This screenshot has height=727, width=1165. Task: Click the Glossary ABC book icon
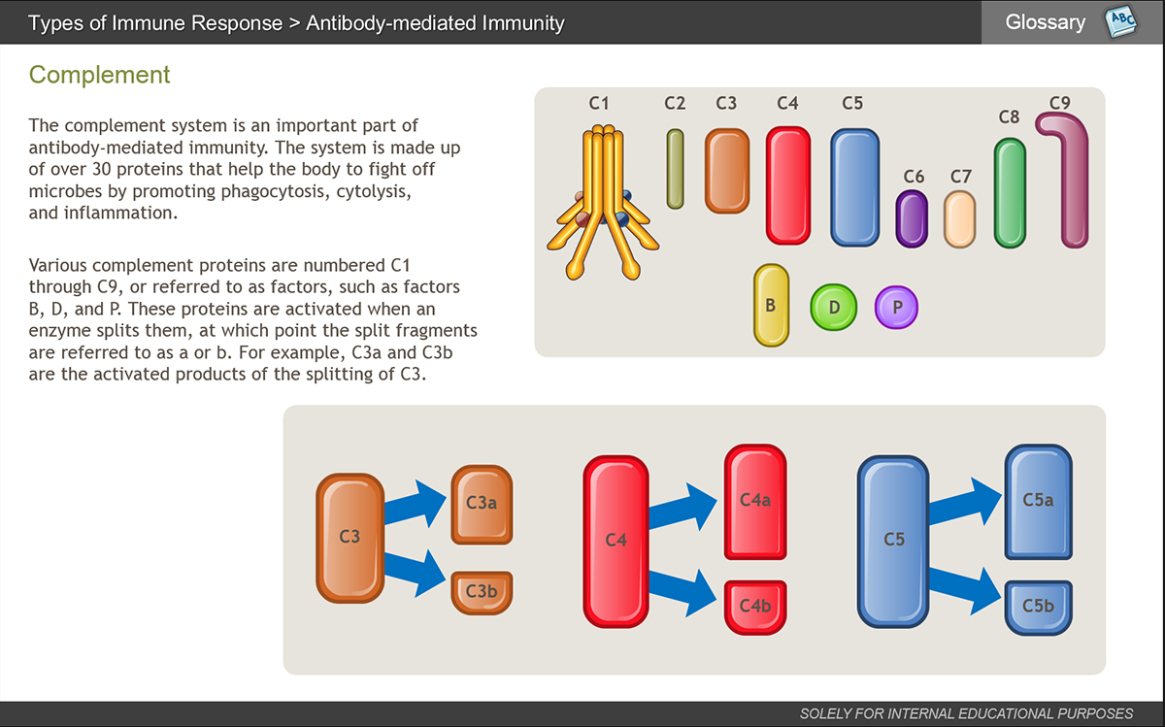click(x=1120, y=21)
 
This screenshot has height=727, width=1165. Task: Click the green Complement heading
click(x=99, y=75)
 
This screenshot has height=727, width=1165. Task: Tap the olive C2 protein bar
click(x=675, y=169)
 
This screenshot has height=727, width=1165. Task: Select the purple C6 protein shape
click(x=912, y=218)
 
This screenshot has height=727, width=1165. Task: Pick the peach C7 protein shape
click(x=959, y=219)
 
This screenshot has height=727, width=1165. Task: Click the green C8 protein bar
click(x=1010, y=193)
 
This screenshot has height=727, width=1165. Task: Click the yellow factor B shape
click(x=771, y=305)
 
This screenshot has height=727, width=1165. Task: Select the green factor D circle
click(x=833, y=307)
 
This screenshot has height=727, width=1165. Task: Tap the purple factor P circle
click(x=896, y=307)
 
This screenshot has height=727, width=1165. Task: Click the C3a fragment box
click(x=482, y=505)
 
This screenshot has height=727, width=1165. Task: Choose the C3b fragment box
click(x=482, y=593)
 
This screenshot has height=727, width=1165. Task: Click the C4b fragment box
click(x=755, y=608)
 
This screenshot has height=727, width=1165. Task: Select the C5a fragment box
click(x=1039, y=502)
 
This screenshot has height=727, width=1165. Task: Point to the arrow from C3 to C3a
click(x=416, y=505)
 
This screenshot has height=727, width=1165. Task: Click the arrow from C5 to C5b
click(x=965, y=591)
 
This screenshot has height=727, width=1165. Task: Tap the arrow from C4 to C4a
click(x=682, y=508)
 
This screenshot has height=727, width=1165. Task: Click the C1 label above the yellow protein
click(x=599, y=103)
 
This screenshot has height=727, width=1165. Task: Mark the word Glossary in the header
click(x=1046, y=22)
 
